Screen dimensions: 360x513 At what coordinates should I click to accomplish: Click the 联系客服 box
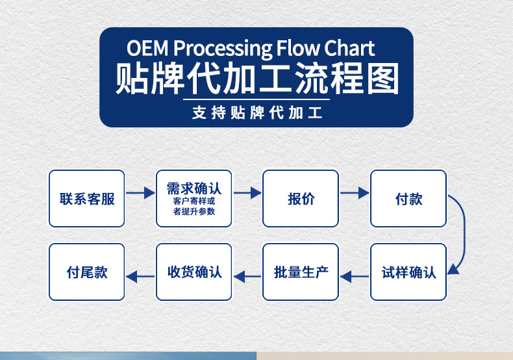(87, 199)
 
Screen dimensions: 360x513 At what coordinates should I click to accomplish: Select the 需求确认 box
(194, 199)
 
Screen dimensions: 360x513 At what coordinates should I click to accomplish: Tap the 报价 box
(301, 199)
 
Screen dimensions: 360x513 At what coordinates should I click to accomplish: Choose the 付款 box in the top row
(408, 199)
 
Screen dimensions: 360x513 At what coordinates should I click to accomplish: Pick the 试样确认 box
(408, 272)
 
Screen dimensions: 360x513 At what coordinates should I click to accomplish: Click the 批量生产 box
(301, 272)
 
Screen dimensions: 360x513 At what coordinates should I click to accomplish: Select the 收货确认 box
(194, 272)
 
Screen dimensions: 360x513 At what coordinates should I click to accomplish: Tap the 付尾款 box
(87, 272)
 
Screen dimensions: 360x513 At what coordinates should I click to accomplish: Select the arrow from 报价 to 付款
(354, 193)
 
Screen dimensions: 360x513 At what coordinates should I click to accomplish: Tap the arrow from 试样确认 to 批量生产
(355, 277)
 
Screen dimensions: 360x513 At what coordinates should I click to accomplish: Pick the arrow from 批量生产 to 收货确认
(247, 277)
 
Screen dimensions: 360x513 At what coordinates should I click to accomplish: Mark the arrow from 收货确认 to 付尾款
(140, 277)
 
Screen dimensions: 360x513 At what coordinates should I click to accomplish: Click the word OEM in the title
(147, 49)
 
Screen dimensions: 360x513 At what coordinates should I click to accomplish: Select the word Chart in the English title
(349, 49)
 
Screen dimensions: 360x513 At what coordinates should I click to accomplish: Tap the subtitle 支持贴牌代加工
(257, 112)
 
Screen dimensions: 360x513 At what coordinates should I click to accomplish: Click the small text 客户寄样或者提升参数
(194, 206)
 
